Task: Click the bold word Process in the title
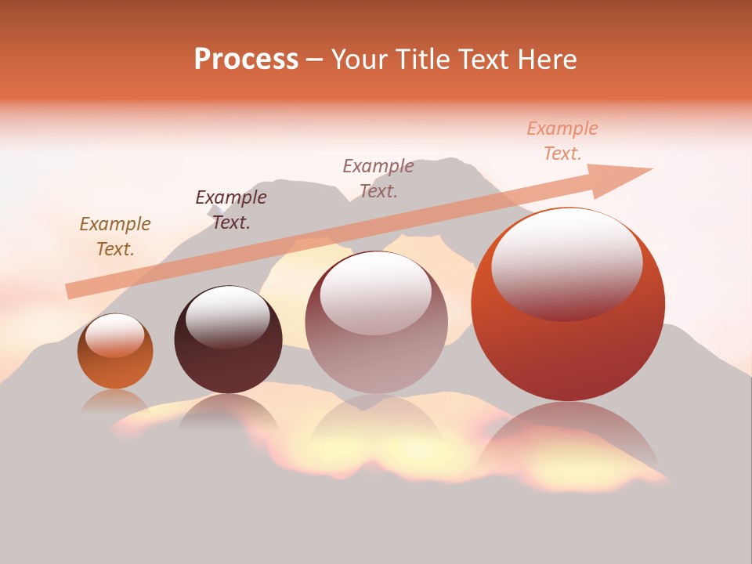[246, 59]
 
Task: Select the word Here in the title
[548, 59]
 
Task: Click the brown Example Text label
[115, 237]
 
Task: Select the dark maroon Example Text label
[231, 210]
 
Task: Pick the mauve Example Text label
[378, 178]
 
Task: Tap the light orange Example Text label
[562, 141]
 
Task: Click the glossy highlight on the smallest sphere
[114, 335]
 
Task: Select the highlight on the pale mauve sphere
[375, 292]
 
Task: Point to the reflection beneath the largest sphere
[568, 439]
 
